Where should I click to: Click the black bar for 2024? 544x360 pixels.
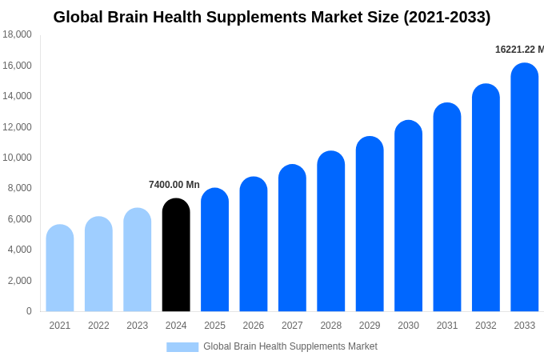tap(176, 255)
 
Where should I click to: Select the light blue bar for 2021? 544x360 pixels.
tap(60, 268)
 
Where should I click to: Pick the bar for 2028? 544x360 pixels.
tap(330, 231)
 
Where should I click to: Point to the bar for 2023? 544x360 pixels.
tap(138, 260)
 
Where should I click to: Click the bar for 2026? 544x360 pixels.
tap(254, 244)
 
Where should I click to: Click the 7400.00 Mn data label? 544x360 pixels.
tap(174, 185)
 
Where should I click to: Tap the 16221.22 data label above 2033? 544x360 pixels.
tap(518, 50)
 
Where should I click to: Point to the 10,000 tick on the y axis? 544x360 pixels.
tap(18, 158)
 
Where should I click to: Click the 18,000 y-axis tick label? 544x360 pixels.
tap(18, 34)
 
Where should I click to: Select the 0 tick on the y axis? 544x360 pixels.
tap(29, 311)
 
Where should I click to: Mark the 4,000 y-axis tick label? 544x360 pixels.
tap(20, 250)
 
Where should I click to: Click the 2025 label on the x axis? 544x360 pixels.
tap(214, 326)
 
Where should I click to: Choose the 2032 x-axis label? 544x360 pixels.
tap(486, 326)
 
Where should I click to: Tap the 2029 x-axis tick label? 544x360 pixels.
tap(370, 326)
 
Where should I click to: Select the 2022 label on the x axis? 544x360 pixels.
tap(98, 326)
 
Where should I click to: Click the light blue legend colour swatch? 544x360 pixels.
tap(182, 347)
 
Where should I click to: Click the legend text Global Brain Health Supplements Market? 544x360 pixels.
tap(290, 346)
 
